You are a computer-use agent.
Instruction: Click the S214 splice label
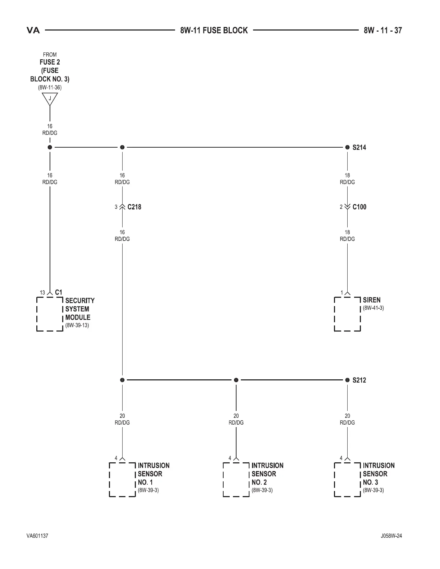pyautogui.click(x=359, y=147)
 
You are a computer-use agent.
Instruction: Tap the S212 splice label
pyautogui.click(x=359, y=380)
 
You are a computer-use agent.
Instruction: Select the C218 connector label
pyautogui.click(x=134, y=207)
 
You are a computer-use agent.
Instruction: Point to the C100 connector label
pyautogui.click(x=359, y=207)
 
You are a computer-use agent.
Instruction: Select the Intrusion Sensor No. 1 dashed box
pyautogui.click(x=122, y=479)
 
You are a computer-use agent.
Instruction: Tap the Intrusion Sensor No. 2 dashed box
pyautogui.click(x=236, y=479)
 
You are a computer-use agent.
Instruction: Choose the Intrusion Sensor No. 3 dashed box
pyautogui.click(x=347, y=479)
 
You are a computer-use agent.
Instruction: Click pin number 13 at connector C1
pyautogui.click(x=42, y=293)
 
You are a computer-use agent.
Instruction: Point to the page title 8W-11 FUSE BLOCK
pyautogui.click(x=214, y=31)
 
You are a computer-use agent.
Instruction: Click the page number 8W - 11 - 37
pyautogui.click(x=382, y=31)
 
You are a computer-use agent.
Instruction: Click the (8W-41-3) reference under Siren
pyautogui.click(x=373, y=308)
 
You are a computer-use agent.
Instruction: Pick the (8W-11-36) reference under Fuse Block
pyautogui.click(x=50, y=88)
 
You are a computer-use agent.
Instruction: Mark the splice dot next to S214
pyautogui.click(x=347, y=147)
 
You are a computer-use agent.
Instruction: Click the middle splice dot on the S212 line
pyautogui.click(x=236, y=380)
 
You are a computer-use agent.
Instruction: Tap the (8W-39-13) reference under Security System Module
pyautogui.click(x=77, y=325)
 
